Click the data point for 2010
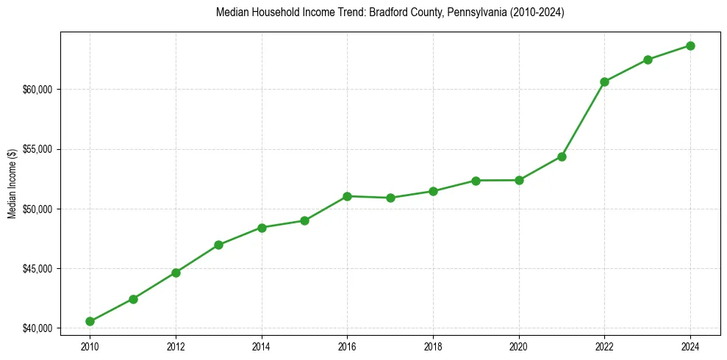click(90, 321)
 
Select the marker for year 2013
click(218, 245)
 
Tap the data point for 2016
click(347, 196)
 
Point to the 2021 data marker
click(562, 156)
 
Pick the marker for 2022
click(604, 82)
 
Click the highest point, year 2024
click(690, 46)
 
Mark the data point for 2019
click(476, 181)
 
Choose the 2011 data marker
click(133, 299)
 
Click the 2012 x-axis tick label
click(176, 345)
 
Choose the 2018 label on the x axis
click(433, 345)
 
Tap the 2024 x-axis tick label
click(690, 345)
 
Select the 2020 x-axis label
click(519, 345)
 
